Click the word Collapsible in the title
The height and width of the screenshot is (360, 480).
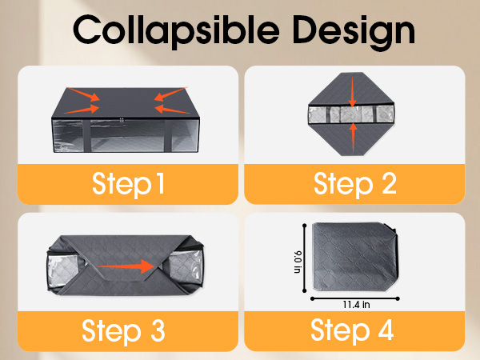pyautogui.click(x=176, y=31)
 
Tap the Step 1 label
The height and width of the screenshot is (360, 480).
pyautogui.click(x=128, y=184)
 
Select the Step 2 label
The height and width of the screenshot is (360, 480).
pyautogui.click(x=355, y=184)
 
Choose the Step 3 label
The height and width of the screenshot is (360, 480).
pyautogui.click(x=123, y=331)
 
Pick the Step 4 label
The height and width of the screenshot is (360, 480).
pyautogui.click(x=352, y=331)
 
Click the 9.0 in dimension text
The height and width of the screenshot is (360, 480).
pyautogui.click(x=298, y=262)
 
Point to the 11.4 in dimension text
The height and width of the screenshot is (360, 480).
pyautogui.click(x=356, y=305)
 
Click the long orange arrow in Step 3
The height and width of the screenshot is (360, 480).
pyautogui.click(x=126, y=266)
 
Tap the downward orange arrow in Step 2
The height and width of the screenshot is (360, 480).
pyautogui.click(x=352, y=91)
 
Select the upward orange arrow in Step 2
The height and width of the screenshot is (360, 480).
pyautogui.click(x=353, y=138)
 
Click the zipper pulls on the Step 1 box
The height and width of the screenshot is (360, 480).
pyautogui.click(x=122, y=120)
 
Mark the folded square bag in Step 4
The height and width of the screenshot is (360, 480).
pyautogui.click(x=355, y=257)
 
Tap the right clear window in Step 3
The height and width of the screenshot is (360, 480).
pyautogui.click(x=186, y=268)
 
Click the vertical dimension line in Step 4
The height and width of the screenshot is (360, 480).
pyautogui.click(x=304, y=258)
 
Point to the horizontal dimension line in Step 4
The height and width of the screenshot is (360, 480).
pyautogui.click(x=355, y=298)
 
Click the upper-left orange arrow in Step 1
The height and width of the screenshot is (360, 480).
pyautogui.click(x=83, y=94)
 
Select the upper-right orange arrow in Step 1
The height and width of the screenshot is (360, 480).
pyautogui.click(x=170, y=94)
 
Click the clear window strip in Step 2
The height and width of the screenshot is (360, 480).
pyautogui.click(x=351, y=114)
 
